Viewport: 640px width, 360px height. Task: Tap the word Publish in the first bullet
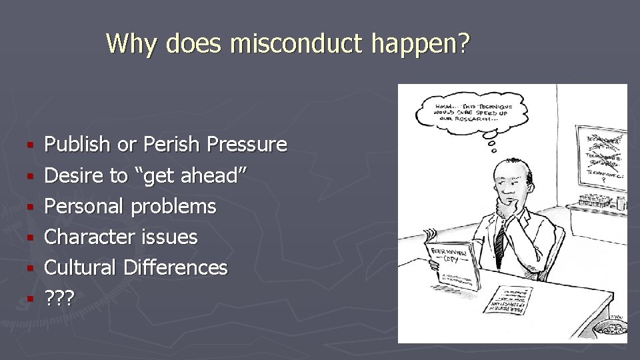coord(76,145)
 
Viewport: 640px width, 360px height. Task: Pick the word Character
coord(91,237)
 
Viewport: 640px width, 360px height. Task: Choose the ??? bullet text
coord(59,298)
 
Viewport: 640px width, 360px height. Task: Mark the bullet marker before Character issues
coord(29,237)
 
